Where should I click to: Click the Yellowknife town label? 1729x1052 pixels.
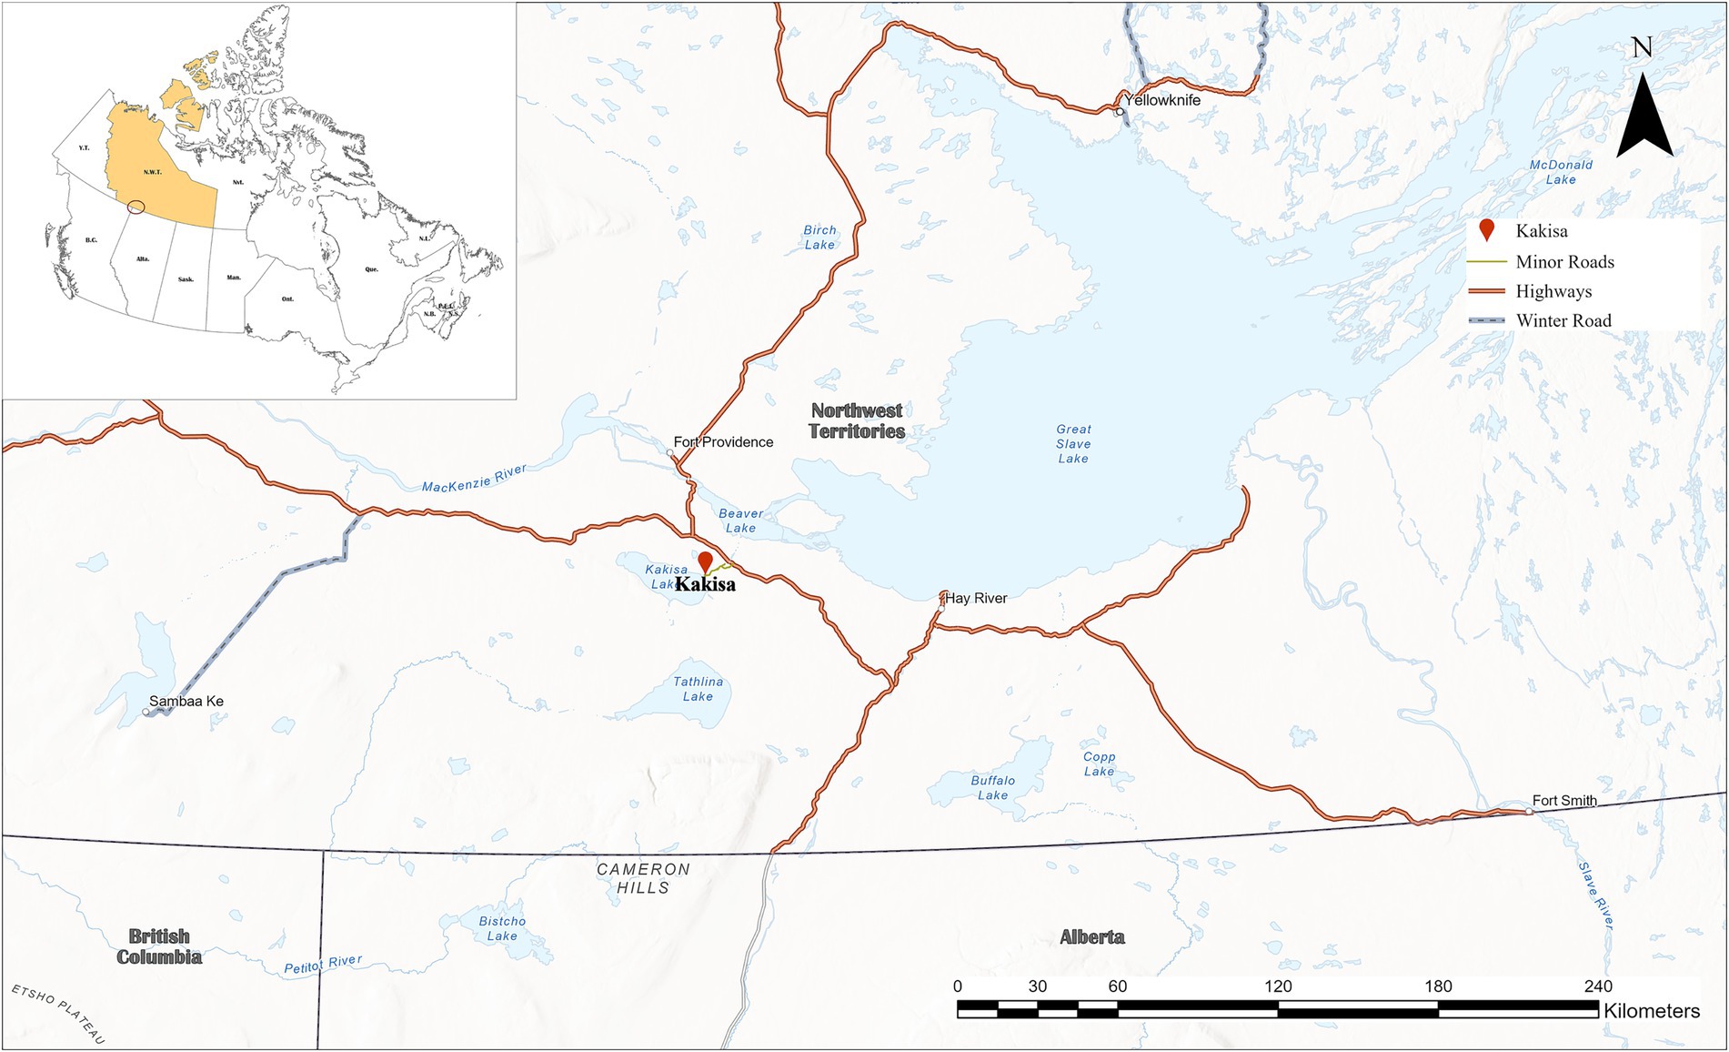1161,100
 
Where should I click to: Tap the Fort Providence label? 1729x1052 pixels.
723,442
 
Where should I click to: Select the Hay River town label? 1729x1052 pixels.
976,598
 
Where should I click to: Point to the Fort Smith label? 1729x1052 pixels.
1564,801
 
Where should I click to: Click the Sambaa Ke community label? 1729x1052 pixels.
186,701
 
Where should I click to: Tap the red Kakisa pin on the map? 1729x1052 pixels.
705,561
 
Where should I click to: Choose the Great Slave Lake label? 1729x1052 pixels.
1073,444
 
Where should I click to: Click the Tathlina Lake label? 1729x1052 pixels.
698,689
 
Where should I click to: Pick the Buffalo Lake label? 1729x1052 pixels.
992,787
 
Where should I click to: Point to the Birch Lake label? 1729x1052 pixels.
819,238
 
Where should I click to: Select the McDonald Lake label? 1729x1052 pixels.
1561,172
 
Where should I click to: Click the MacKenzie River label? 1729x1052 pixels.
474,478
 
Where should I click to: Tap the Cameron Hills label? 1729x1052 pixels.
643,878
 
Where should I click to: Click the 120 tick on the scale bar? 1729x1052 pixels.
1278,986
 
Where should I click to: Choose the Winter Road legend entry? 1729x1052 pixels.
1563,320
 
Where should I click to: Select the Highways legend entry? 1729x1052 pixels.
1553,291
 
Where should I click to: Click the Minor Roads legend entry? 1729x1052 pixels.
1564,262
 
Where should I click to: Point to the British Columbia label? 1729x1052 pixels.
159,946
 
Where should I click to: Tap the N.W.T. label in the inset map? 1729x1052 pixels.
152,172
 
